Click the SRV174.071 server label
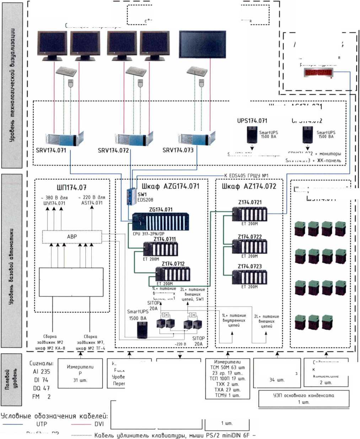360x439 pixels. click(x=51, y=150)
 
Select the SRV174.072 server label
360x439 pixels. click(x=113, y=151)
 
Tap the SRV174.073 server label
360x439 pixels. click(x=178, y=150)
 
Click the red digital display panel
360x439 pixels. click(x=318, y=73)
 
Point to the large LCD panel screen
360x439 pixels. click(x=202, y=44)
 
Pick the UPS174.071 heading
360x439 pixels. click(x=252, y=121)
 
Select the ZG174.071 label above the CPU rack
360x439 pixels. click(x=161, y=210)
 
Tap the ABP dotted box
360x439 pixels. click(x=72, y=237)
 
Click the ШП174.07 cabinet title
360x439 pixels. click(x=72, y=188)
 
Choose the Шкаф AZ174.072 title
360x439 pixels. click(x=249, y=186)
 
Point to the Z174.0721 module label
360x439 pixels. click(x=250, y=202)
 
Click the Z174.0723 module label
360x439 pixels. click(x=250, y=266)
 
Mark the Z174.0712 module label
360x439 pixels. click(x=173, y=264)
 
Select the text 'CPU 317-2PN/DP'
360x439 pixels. click(x=149, y=234)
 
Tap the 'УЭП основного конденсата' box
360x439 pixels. click(x=303, y=398)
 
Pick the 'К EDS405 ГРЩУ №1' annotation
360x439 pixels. click(x=246, y=175)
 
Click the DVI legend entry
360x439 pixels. click(x=99, y=424)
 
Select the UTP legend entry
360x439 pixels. click(x=41, y=424)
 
